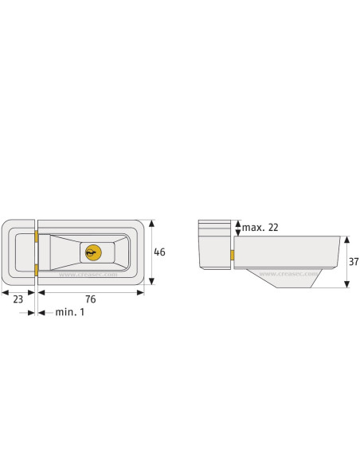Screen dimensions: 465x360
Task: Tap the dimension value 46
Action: [159, 252]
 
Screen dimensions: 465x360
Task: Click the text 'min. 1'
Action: [69, 313]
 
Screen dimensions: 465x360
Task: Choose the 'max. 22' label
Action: [260, 228]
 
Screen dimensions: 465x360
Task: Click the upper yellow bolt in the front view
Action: [36, 235]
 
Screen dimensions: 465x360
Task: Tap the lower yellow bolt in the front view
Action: [36, 269]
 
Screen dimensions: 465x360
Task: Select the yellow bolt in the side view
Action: [231, 255]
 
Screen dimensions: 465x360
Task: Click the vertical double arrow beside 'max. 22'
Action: [237, 228]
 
